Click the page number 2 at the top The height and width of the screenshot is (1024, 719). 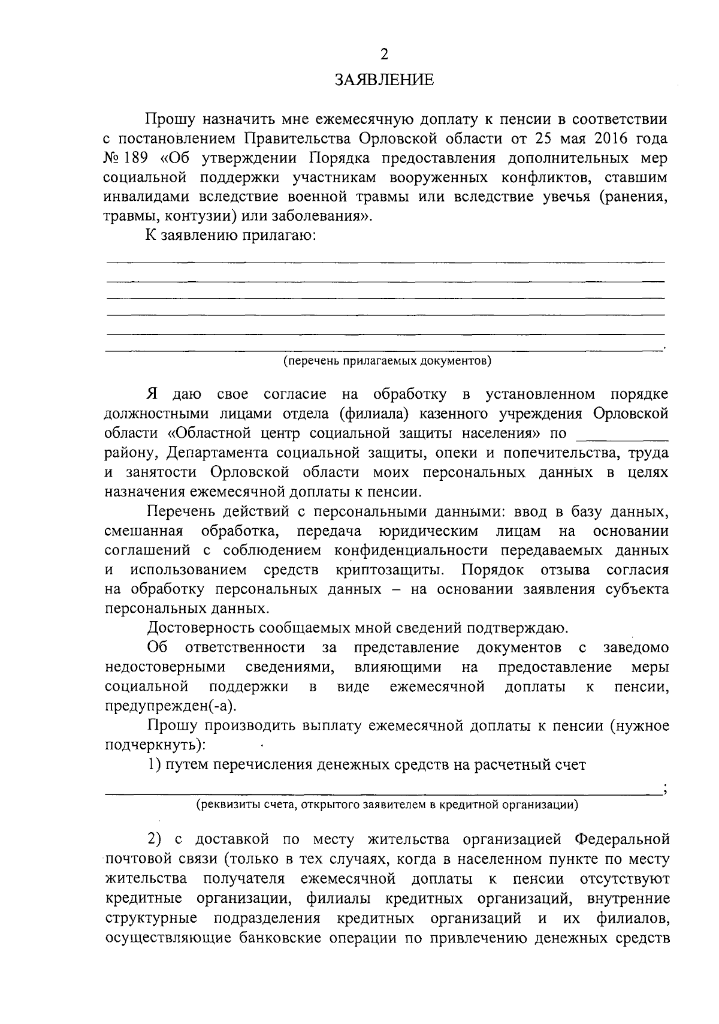click(384, 55)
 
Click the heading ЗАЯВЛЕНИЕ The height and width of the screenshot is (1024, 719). click(383, 80)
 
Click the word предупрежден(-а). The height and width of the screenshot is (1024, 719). click(170, 706)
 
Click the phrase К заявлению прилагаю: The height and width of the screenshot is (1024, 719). click(230, 235)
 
